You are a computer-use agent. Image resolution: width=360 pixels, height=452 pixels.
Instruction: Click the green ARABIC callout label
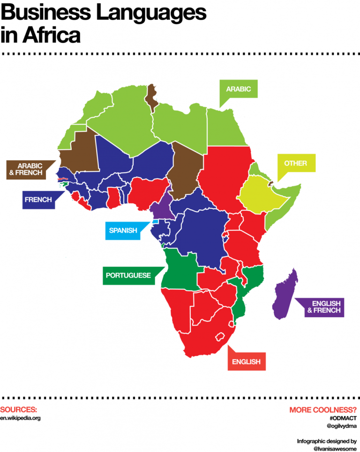[x=239, y=89]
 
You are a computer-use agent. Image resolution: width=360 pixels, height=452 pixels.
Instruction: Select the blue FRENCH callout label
[x=38, y=200]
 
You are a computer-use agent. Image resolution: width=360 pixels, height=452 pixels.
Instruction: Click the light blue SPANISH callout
[x=123, y=230]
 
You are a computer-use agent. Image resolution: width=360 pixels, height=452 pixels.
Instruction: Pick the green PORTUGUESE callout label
[x=128, y=275]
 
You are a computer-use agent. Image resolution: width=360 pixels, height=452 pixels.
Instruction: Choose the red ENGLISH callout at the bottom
[x=246, y=361]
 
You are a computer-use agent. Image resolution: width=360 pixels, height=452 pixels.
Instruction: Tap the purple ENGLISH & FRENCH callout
[x=322, y=306]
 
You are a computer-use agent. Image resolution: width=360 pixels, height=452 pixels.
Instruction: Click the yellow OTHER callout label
[x=295, y=163]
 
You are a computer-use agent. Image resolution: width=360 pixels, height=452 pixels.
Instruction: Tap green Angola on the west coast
[x=180, y=269]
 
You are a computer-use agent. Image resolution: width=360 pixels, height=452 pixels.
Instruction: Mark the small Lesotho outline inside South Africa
[x=219, y=337]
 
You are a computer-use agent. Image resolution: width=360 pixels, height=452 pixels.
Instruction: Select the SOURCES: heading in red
[x=18, y=409]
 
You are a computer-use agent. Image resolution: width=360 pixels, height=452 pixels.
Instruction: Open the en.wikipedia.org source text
[x=21, y=418]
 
